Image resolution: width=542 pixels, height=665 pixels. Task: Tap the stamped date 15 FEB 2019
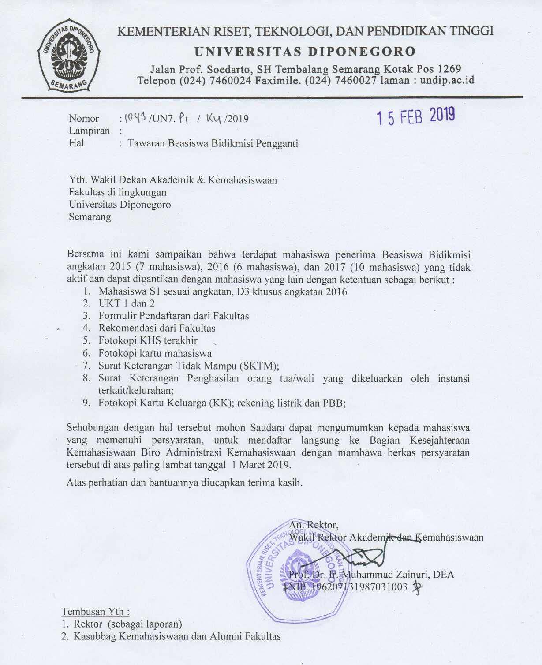click(415, 116)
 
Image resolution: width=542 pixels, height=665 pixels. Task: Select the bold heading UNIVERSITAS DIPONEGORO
click(305, 52)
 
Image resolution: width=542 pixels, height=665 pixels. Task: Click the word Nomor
click(84, 118)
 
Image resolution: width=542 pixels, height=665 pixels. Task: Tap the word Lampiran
click(89, 131)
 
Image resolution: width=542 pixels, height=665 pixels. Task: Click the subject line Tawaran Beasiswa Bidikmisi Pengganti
click(213, 143)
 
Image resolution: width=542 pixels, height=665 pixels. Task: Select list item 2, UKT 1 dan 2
click(126, 303)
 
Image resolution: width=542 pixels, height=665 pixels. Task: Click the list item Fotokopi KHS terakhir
click(148, 340)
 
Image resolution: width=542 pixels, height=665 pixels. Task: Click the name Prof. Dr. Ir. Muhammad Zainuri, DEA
click(371, 574)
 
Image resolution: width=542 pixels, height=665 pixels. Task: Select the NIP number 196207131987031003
click(359, 587)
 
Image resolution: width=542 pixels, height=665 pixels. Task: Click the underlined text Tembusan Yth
click(95, 611)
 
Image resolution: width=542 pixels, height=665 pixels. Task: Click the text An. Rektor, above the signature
click(314, 525)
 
